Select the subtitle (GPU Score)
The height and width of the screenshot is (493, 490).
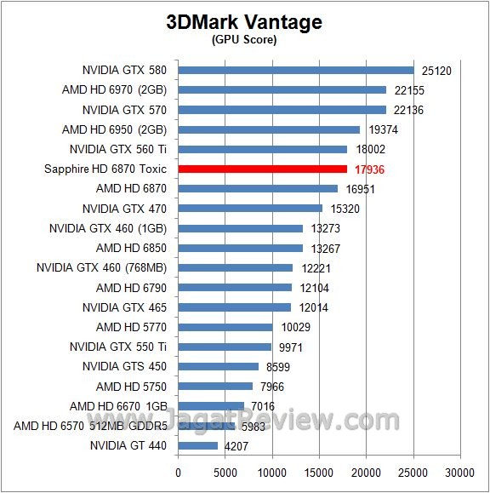(x=244, y=39)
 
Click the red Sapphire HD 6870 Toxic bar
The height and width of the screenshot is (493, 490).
(x=263, y=169)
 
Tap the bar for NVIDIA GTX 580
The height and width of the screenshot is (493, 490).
(x=296, y=70)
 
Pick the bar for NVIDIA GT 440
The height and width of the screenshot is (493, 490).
(x=198, y=445)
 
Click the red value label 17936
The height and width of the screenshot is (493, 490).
(x=369, y=169)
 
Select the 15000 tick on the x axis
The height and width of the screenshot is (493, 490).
(x=319, y=471)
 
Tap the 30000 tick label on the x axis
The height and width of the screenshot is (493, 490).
(x=460, y=471)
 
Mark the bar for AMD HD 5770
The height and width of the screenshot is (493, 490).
(x=225, y=327)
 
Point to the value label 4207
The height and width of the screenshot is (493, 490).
(x=236, y=445)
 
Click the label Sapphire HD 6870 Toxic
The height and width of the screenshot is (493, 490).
(x=105, y=169)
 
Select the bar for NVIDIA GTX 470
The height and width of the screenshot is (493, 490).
(x=250, y=208)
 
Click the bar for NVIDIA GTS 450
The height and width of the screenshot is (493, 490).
(x=219, y=366)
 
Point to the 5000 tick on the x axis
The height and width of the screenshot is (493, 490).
(x=225, y=471)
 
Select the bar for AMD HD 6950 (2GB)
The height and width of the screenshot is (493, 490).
(x=270, y=129)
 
